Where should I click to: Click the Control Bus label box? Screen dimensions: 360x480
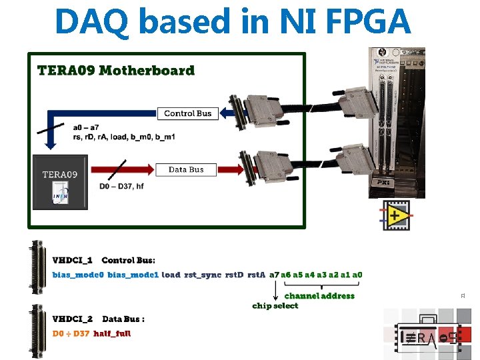(x=187, y=113)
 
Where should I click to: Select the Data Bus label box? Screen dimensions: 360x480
(x=186, y=170)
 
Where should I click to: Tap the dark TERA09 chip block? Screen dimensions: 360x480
(x=60, y=182)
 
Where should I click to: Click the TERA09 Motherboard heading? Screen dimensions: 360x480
(x=116, y=71)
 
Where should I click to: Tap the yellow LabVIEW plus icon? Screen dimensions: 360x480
(x=395, y=215)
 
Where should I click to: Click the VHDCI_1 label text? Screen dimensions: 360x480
(x=72, y=260)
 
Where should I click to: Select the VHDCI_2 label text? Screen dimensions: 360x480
(x=72, y=319)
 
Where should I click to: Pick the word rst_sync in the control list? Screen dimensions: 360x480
(x=202, y=275)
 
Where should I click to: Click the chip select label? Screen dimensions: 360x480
(x=275, y=306)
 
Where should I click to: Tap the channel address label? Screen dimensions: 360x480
(x=319, y=295)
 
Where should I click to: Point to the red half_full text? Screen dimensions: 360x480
(x=112, y=333)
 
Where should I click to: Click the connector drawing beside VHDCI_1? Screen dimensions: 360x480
(x=33, y=265)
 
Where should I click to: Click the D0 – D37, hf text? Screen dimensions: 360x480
(x=121, y=186)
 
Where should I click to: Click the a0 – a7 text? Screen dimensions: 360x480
(x=87, y=127)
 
